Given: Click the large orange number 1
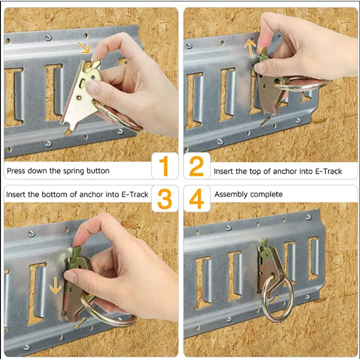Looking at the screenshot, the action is point(164,166).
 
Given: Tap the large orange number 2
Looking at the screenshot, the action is point(196,166).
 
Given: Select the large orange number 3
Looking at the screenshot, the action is point(165,199).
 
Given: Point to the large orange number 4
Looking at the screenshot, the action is point(197,199).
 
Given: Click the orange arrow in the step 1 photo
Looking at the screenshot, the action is point(84,47).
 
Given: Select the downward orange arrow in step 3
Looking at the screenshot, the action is point(55,285).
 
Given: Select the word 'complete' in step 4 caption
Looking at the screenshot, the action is point(266,195).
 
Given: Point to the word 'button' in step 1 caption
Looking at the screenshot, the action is point(98,171).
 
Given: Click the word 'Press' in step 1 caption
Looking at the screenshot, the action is point(16,171).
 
